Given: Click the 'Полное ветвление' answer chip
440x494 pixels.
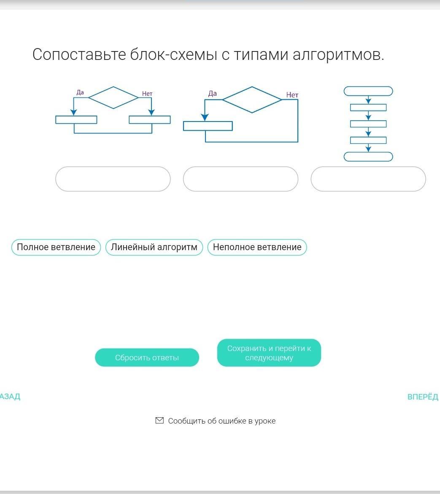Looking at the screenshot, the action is [x=56, y=247].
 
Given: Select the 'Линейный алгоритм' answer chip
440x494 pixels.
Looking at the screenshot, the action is [x=154, y=247].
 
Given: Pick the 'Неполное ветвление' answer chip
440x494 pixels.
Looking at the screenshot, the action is [x=257, y=247].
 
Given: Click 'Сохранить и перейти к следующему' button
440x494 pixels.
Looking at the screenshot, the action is [x=269, y=353].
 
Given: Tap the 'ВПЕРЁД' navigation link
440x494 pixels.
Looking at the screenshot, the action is [x=423, y=397].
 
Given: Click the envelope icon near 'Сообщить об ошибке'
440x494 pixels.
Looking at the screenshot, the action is [x=159, y=421].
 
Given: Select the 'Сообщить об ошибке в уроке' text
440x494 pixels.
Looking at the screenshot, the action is [x=222, y=421].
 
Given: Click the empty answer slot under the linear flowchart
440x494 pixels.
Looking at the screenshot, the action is [x=368, y=179].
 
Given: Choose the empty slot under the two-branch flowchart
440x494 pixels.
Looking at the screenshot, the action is [x=113, y=179].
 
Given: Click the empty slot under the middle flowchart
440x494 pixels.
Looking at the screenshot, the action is [x=240, y=179].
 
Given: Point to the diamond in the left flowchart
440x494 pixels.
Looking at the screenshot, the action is [x=113, y=97].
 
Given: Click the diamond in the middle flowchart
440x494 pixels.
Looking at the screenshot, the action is [x=252, y=100].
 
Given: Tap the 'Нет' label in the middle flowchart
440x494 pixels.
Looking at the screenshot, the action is [x=292, y=95].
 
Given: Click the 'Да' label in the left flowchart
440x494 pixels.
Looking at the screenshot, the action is [x=80, y=92].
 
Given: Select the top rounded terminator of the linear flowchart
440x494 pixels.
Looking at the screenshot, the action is [x=368, y=91].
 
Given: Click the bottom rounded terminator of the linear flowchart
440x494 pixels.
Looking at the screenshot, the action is [x=368, y=157].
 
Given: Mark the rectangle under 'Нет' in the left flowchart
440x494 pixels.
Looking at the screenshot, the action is [x=150, y=120].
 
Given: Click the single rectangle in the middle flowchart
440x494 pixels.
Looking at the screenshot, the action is [x=208, y=126].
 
